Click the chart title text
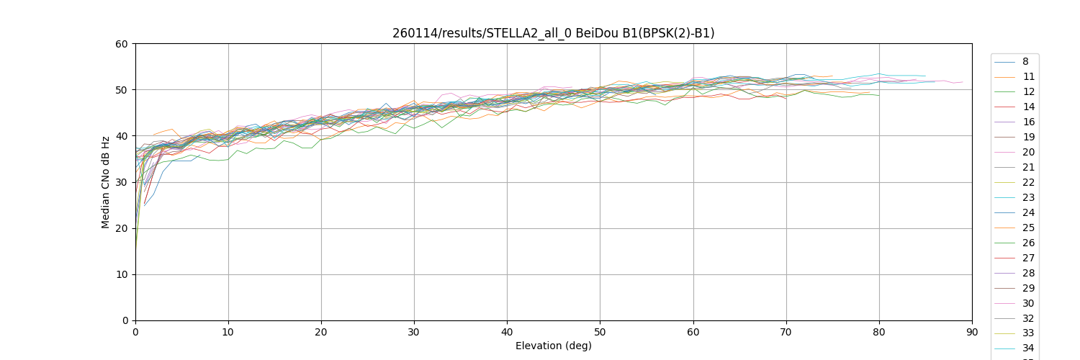[553, 33]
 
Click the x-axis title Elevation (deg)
[553, 346]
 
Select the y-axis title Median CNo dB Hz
[106, 182]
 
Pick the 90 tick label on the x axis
[972, 332]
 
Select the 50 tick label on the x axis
[600, 332]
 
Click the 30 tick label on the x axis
[414, 332]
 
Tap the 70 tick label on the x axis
[786, 332]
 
